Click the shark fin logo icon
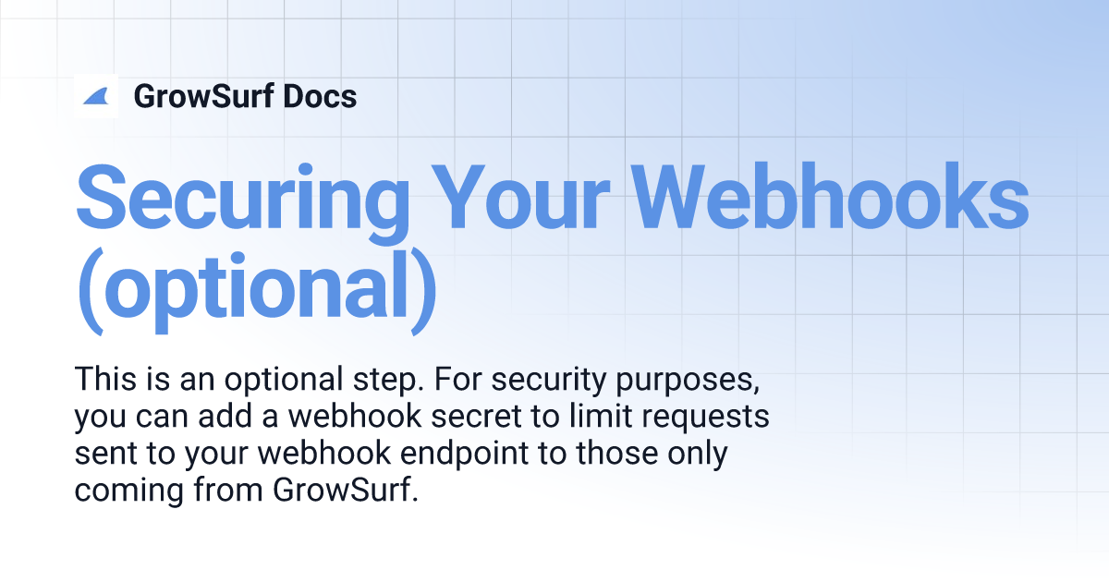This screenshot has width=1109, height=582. click(x=96, y=96)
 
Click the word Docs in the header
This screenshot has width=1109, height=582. click(x=320, y=96)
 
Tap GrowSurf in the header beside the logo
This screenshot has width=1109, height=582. click(x=204, y=96)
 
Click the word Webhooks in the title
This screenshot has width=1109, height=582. click(x=831, y=197)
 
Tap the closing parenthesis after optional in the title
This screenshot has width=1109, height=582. click(x=424, y=292)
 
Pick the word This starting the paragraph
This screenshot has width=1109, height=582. click(x=105, y=379)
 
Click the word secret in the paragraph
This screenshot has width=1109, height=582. click(x=476, y=418)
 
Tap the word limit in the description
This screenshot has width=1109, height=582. click(x=600, y=416)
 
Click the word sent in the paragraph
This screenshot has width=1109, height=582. click(x=106, y=455)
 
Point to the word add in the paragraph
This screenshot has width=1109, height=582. click(x=225, y=416)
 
